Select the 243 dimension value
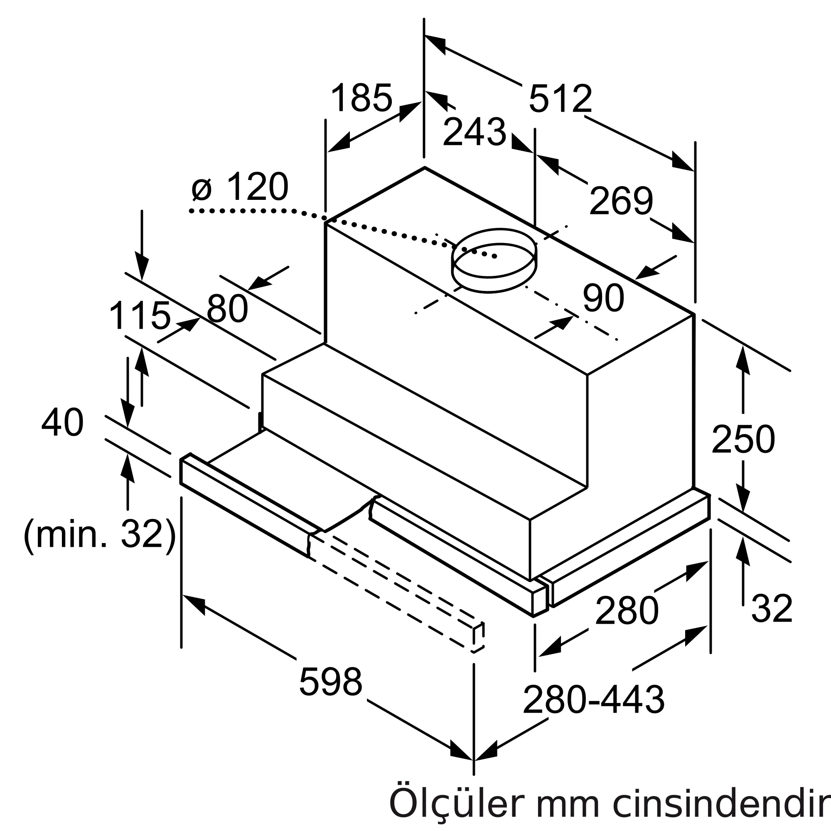[474, 132]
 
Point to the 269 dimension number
[621, 200]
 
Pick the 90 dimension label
[603, 297]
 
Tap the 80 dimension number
[227, 308]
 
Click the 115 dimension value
[140, 316]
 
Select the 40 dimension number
[62, 423]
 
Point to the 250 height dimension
[743, 439]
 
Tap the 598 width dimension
[330, 682]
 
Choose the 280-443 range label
[594, 700]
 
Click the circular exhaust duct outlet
[494, 261]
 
